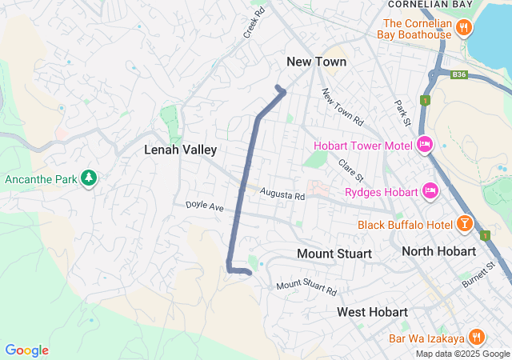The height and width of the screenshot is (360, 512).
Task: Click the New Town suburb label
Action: tap(317, 62)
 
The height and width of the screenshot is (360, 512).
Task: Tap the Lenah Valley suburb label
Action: tap(180, 150)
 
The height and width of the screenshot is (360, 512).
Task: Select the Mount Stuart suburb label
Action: tap(334, 254)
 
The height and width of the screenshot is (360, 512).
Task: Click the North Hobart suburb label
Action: tap(438, 252)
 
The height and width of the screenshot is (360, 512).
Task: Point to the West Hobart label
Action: tap(372, 311)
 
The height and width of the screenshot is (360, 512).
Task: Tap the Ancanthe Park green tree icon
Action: tap(90, 177)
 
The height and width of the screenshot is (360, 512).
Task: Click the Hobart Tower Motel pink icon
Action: tap(426, 145)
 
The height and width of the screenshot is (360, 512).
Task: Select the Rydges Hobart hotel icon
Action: tap(430, 191)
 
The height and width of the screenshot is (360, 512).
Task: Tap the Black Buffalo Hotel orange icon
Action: tap(464, 225)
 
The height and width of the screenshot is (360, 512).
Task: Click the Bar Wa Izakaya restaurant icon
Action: tap(477, 337)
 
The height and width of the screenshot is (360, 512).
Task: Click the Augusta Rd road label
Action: tap(282, 195)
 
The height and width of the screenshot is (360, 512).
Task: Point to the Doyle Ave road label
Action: tap(205, 206)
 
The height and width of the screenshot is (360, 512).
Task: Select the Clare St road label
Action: tap(351, 170)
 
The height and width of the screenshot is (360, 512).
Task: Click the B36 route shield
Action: tap(458, 74)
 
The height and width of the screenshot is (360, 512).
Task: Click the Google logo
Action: tap(26, 350)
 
